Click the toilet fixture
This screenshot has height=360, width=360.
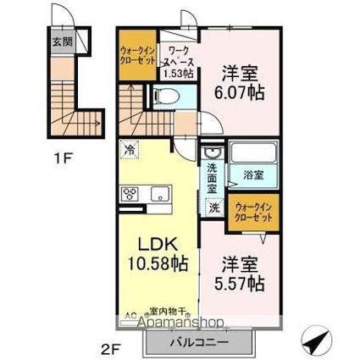[169, 97]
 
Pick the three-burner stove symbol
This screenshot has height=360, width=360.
[130, 195]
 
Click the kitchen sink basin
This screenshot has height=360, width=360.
[158, 195]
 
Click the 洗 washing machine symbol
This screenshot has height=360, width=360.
[214, 207]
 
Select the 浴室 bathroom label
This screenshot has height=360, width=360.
[254, 176]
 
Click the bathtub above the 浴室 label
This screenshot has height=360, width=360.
[254, 155]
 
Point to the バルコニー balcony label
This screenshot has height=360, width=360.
[201, 345]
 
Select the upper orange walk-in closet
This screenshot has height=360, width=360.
[136, 60]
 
